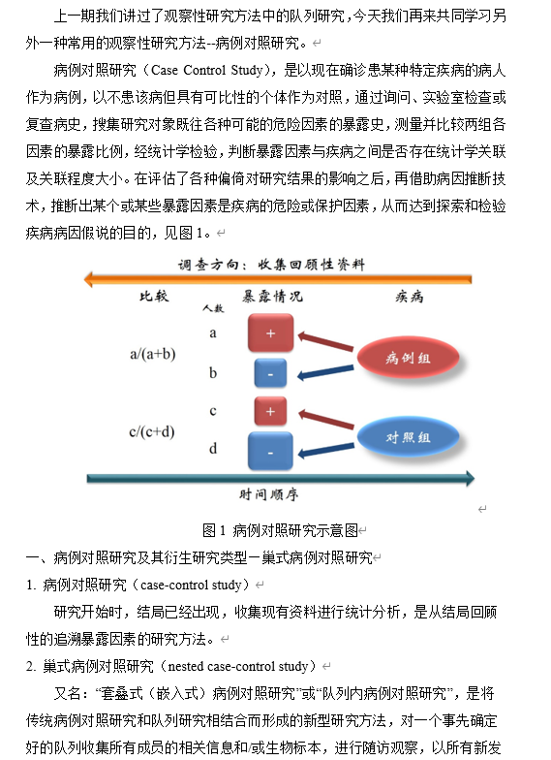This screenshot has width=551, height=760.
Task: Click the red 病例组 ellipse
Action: (x=408, y=358)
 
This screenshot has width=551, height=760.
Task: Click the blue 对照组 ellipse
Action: (x=408, y=436)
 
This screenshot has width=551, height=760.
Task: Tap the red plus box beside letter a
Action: (x=271, y=333)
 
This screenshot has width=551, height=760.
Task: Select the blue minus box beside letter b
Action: (x=270, y=373)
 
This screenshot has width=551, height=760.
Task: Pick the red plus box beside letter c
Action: (x=270, y=411)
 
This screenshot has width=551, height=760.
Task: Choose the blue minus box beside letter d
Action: (x=270, y=452)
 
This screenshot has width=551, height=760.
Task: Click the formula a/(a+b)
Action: (x=153, y=355)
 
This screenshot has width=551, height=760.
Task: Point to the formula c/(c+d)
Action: (x=152, y=432)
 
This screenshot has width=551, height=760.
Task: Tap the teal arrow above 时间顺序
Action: (x=281, y=479)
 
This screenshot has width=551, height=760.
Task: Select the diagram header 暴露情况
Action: (x=273, y=297)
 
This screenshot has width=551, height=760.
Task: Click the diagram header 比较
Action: (x=154, y=296)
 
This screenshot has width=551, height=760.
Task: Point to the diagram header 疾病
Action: (x=409, y=297)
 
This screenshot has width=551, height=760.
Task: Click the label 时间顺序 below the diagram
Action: (x=269, y=494)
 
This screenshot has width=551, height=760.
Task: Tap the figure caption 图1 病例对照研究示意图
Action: (x=280, y=530)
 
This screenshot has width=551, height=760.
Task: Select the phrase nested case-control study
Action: (x=238, y=667)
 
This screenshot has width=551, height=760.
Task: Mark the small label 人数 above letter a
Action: (x=213, y=308)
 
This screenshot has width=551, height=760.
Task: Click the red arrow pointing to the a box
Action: (x=325, y=341)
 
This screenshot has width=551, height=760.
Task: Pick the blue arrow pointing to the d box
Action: (x=325, y=450)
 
